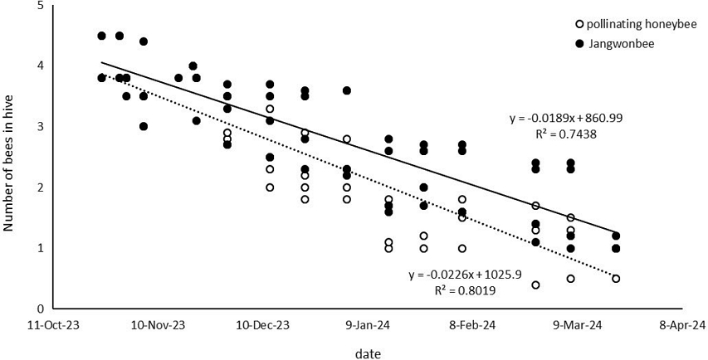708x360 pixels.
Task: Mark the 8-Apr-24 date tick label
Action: point(676,326)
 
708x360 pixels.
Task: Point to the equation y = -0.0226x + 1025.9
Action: point(464,275)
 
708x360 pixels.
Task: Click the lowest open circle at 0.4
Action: point(535,285)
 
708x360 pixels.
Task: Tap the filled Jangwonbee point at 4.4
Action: point(144,41)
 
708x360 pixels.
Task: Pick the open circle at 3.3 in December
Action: point(270,109)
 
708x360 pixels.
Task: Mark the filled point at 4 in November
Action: point(193,66)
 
